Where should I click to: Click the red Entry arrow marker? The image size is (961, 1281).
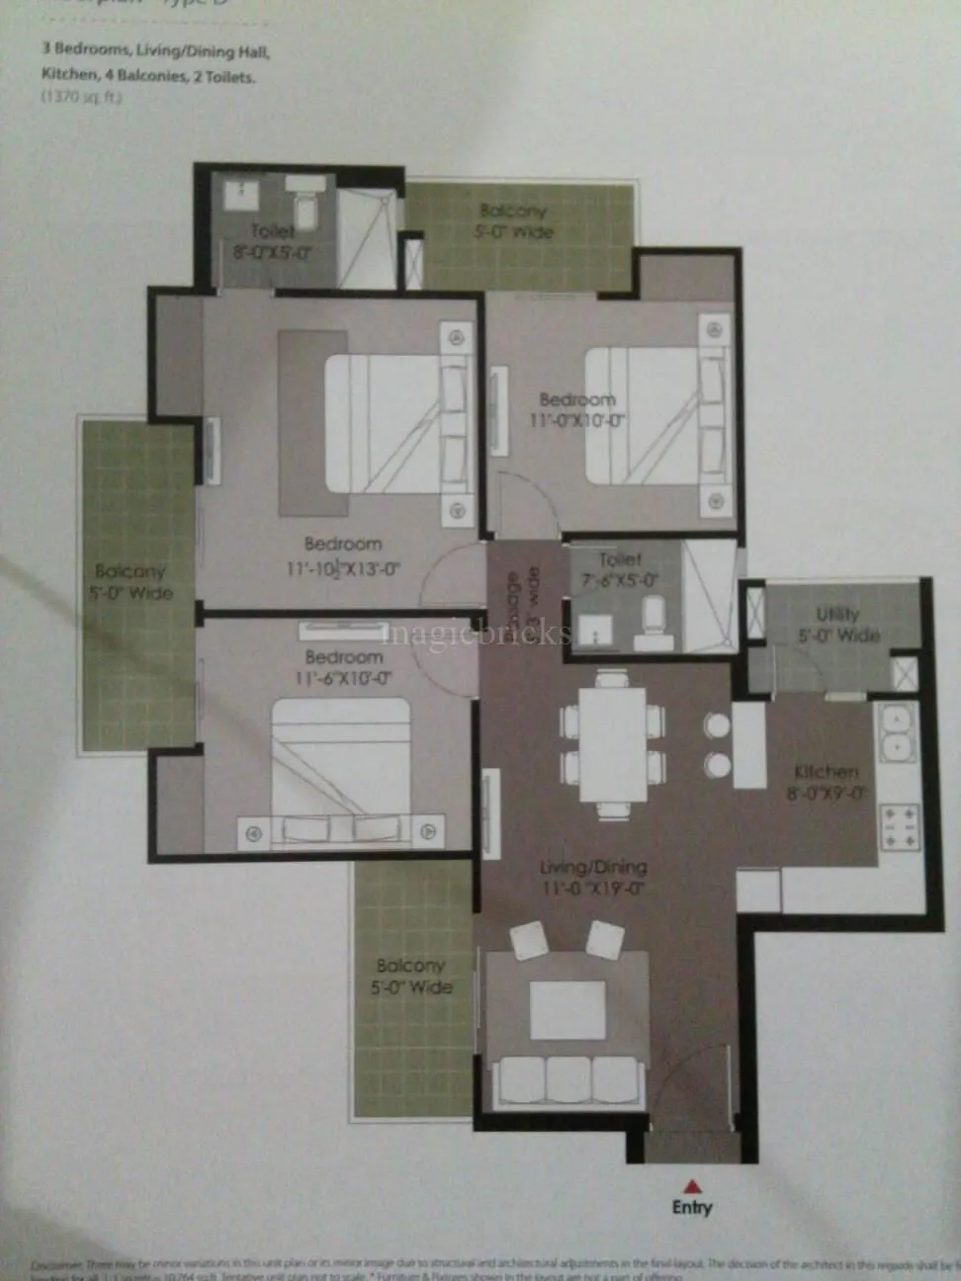[693, 1185]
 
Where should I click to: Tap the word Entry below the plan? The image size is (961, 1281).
[692, 1207]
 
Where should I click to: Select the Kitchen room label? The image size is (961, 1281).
[827, 772]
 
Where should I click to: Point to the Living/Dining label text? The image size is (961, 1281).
[593, 868]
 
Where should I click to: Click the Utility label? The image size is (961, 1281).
[837, 615]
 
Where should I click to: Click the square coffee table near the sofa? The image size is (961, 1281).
[561, 1011]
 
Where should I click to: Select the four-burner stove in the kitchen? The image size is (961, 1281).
[901, 825]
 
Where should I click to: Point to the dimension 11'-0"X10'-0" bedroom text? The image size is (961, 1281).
[576, 421]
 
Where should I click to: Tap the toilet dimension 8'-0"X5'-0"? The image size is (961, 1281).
[273, 252]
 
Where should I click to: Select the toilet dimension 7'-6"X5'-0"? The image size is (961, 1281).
[620, 581]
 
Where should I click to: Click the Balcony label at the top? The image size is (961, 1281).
[513, 211]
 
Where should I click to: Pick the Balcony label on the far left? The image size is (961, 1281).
[131, 571]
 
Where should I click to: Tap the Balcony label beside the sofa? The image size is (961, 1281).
[410, 966]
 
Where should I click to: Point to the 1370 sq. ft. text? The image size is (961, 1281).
[82, 97]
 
